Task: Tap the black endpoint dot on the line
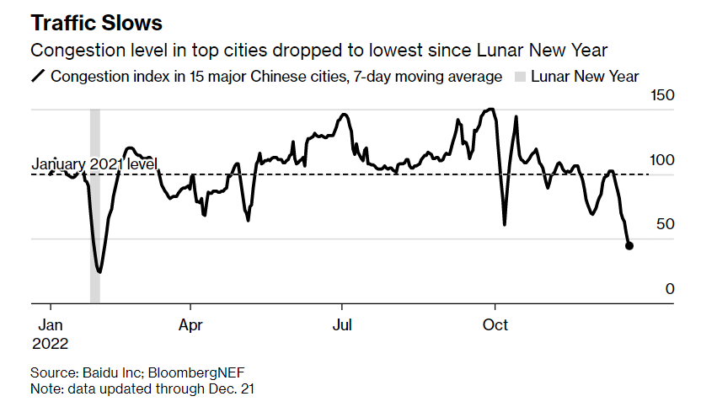tap(629, 246)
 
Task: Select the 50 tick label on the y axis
tap(666, 224)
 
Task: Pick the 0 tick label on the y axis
tap(671, 288)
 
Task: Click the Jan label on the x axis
tap(51, 324)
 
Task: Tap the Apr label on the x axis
tap(192, 324)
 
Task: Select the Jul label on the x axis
tap(342, 324)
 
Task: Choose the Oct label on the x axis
tap(495, 324)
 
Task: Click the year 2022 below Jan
tap(51, 344)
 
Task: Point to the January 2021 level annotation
tap(94, 165)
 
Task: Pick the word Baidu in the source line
tap(97, 372)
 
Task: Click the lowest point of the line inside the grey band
tap(99, 271)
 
